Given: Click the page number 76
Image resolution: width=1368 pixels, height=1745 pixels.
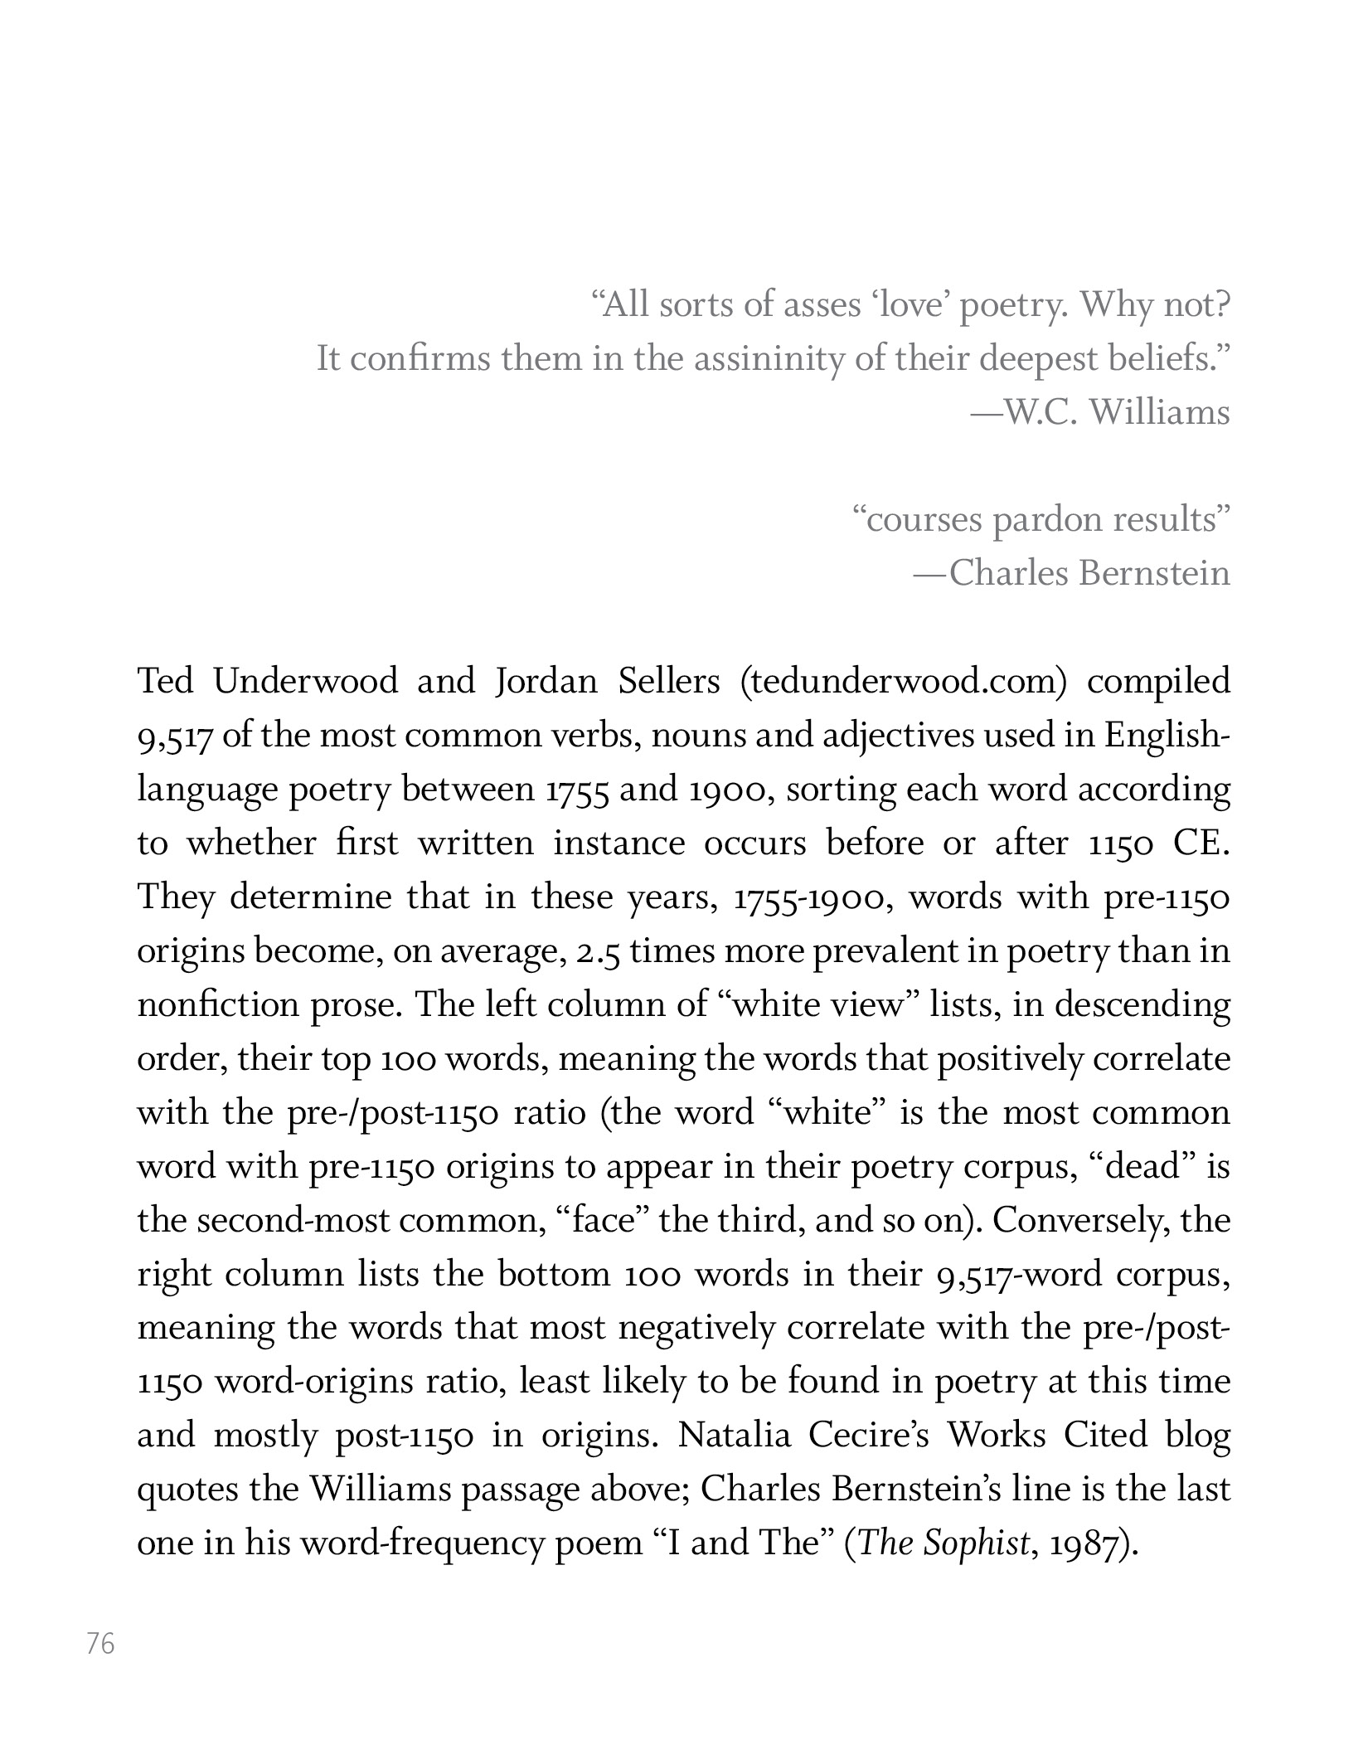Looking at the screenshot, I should (100, 1643).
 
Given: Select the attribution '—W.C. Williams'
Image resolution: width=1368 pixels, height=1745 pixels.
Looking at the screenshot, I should (1101, 412).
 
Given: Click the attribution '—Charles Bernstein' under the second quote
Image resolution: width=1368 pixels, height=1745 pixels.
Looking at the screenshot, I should (1072, 573).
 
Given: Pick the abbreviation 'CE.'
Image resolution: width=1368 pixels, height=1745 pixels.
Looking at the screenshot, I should (1203, 843).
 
